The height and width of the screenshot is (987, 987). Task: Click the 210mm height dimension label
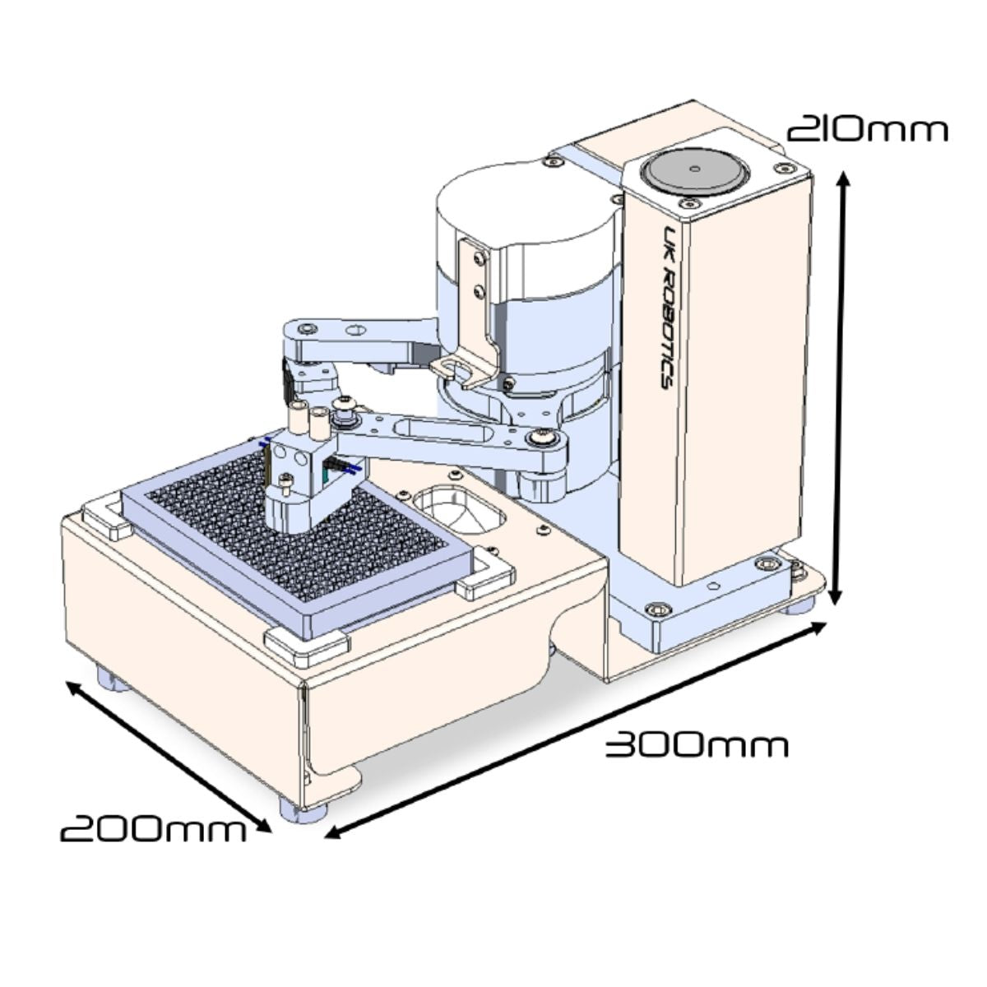click(x=867, y=131)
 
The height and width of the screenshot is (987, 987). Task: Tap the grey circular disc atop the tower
click(x=694, y=170)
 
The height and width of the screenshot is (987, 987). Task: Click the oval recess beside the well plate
click(x=459, y=510)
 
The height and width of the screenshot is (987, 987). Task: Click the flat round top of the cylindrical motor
click(x=527, y=205)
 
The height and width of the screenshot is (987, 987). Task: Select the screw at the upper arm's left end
click(x=307, y=328)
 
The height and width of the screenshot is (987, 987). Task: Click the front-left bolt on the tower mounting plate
click(x=657, y=609)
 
